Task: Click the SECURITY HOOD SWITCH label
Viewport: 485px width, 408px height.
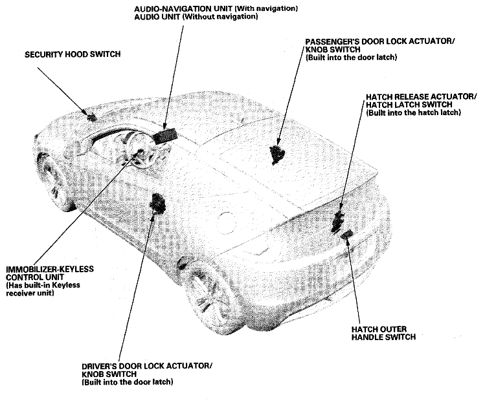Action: click(x=72, y=55)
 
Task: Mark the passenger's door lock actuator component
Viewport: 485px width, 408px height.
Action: click(x=278, y=153)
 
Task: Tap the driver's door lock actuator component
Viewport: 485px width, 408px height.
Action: click(x=157, y=204)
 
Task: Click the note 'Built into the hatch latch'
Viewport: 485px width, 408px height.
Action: click(x=413, y=113)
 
